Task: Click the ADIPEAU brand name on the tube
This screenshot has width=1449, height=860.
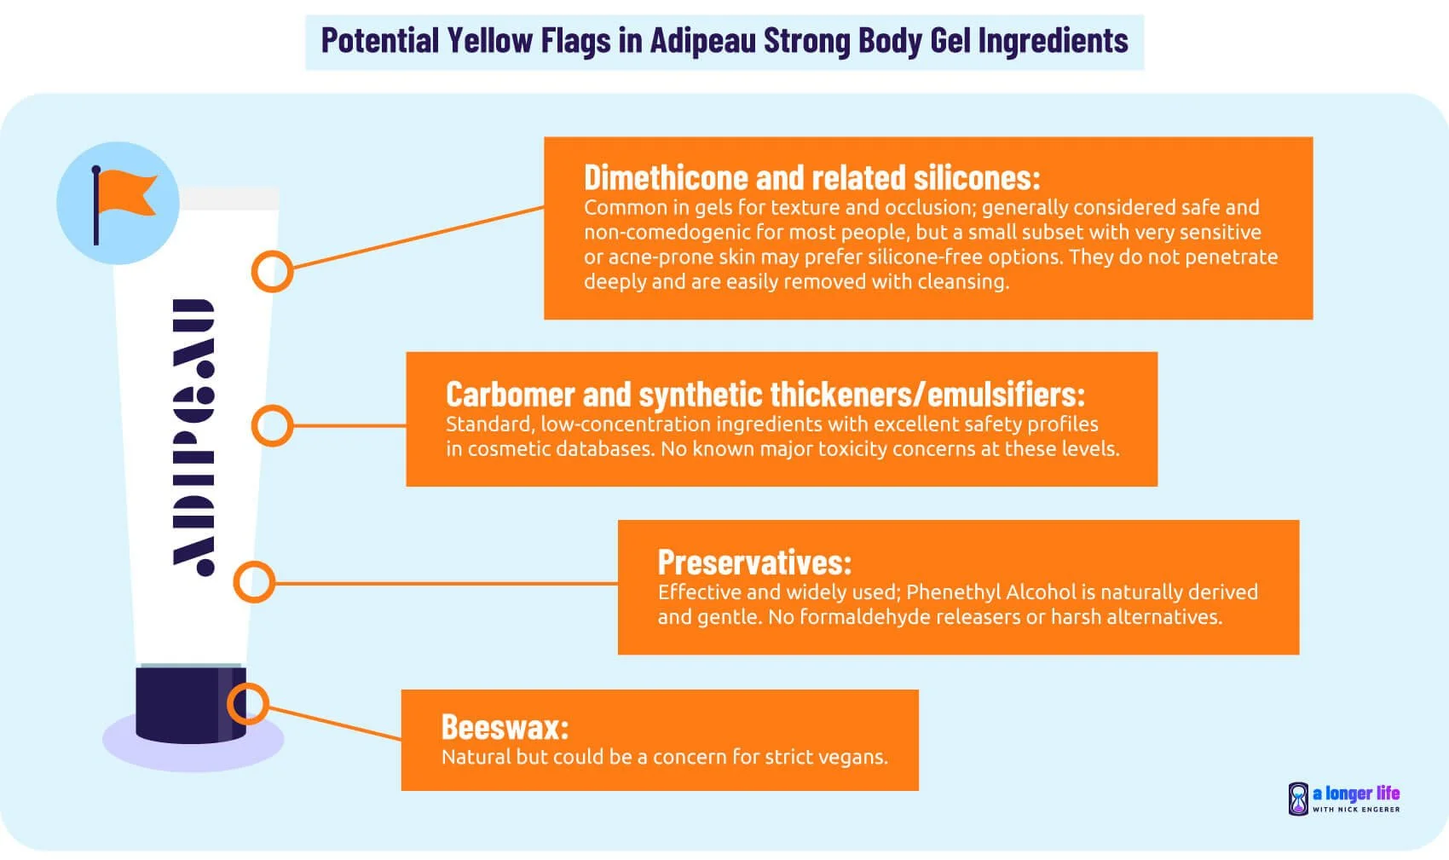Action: [x=193, y=436]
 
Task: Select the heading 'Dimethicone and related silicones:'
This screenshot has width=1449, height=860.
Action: [x=811, y=177]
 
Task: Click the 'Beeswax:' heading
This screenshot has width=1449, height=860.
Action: [x=505, y=727]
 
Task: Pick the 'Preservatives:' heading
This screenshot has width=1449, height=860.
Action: [x=754, y=563]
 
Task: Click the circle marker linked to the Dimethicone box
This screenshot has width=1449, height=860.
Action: [x=272, y=272]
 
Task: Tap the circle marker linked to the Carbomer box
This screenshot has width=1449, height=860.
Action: [x=272, y=425]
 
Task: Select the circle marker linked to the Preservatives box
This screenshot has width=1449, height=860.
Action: [x=253, y=583]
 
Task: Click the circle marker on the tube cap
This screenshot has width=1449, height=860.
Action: [x=248, y=704]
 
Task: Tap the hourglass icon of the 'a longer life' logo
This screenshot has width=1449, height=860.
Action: [x=1297, y=799]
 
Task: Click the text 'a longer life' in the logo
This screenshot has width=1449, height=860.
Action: [x=1356, y=794]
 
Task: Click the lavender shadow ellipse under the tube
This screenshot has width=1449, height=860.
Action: [x=119, y=746]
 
